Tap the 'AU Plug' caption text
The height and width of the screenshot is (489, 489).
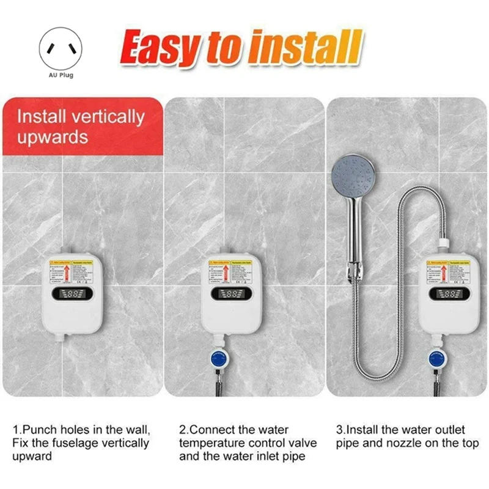61,75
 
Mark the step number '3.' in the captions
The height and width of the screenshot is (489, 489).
340,430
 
